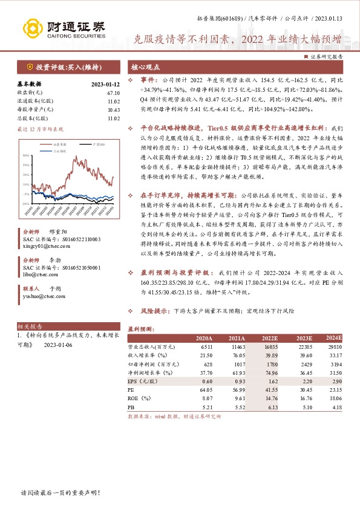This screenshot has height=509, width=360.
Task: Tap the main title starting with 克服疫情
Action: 237,41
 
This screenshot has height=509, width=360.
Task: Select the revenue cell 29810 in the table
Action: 334,348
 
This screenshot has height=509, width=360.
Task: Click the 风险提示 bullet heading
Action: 154,311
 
